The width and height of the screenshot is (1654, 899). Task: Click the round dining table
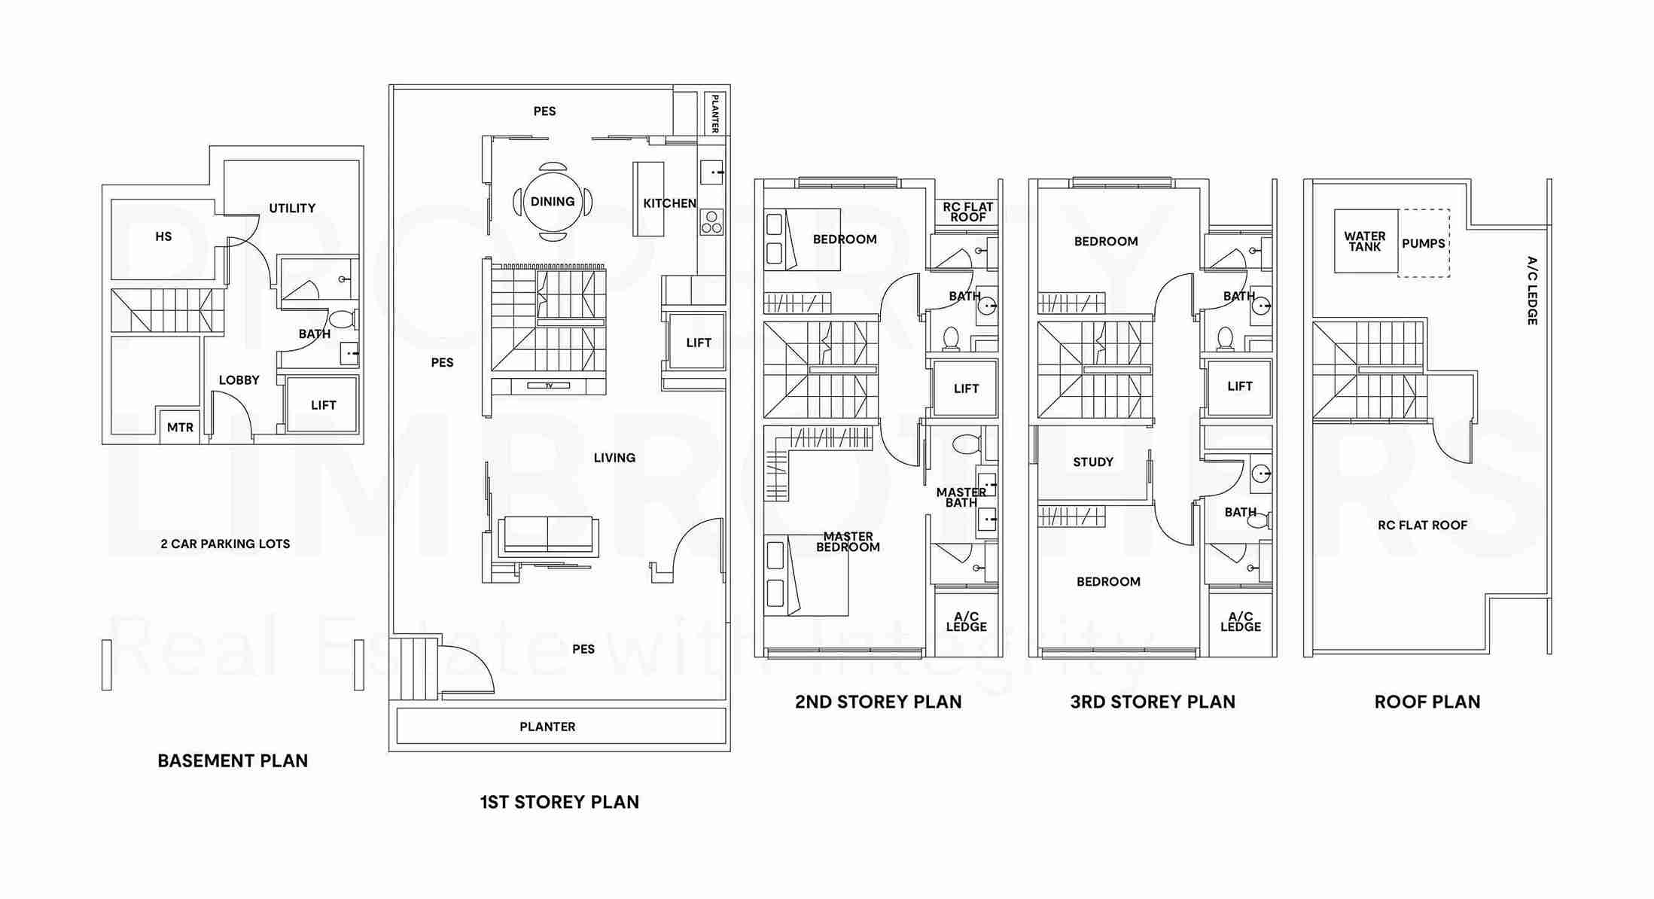tap(553, 202)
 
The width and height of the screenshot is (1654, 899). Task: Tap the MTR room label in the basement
tap(180, 428)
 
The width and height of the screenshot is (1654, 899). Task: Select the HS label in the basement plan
tap(163, 236)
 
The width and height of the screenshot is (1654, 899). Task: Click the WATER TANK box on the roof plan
tap(1366, 241)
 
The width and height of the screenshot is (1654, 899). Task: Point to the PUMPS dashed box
tap(1424, 243)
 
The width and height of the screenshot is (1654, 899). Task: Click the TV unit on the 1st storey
tap(549, 386)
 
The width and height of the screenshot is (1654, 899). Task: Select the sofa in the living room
tap(548, 536)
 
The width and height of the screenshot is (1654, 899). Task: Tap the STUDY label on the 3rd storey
tap(1093, 462)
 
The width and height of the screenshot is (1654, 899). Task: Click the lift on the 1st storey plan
tap(697, 343)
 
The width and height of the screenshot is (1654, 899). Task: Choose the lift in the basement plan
tap(322, 404)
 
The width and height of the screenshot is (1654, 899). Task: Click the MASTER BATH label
tap(961, 498)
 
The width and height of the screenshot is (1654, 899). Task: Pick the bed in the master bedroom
tap(806, 575)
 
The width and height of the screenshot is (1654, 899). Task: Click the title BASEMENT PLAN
tap(233, 761)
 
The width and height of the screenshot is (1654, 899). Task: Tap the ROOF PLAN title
tap(1427, 702)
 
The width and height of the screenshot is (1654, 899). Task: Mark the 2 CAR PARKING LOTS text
tap(225, 544)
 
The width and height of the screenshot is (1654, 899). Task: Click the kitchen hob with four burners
tap(711, 222)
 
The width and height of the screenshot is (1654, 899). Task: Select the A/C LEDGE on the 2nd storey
tap(967, 621)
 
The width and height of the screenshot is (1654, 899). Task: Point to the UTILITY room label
tap(292, 209)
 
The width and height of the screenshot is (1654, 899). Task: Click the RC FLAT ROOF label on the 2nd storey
tap(968, 212)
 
